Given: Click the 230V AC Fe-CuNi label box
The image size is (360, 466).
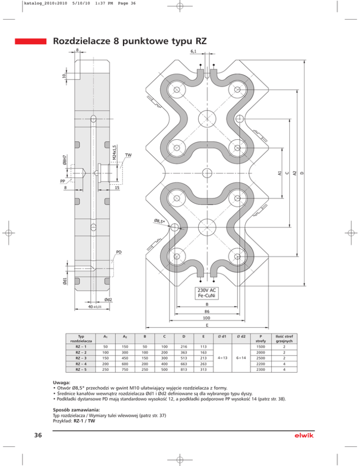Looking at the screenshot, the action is coord(207,293).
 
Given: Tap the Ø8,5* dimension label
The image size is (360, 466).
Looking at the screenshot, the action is coord(159,221).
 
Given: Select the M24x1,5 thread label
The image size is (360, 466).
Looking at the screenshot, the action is coord(115,152).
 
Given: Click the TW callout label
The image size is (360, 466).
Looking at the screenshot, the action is coord(128,155).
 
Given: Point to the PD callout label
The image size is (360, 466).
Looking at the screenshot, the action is coord(119,252).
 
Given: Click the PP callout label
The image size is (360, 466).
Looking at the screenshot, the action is coord(62,181).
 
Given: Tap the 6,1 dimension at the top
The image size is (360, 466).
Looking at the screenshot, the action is coord(194,51).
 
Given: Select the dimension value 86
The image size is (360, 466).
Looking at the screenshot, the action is coord(207,311).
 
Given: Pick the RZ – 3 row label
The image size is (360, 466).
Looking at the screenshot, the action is coord(81,358).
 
